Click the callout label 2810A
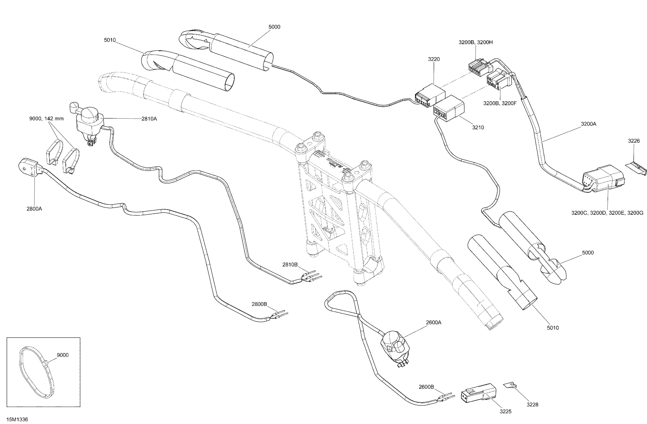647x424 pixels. tap(149, 119)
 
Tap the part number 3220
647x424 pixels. tap(434, 59)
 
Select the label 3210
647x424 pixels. tap(478, 127)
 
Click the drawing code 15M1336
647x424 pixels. tap(17, 419)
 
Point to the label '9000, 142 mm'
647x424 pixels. tap(47, 119)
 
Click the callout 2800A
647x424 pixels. tap(34, 209)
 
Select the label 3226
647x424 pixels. tap(634, 141)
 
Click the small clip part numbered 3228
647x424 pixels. tap(510, 385)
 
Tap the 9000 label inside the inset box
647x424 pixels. tap(63, 355)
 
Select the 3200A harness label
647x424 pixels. tap(589, 124)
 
